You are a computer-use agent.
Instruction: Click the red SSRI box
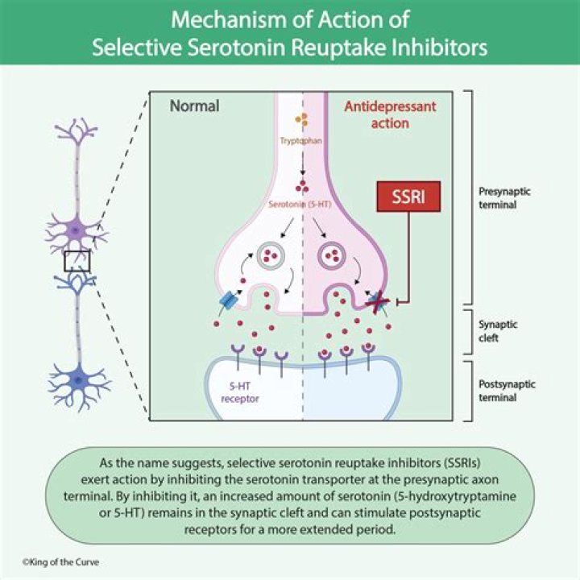[x=409, y=197]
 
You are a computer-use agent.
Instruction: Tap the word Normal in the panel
[x=194, y=106]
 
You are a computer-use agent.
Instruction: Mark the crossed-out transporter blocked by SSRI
[x=377, y=300]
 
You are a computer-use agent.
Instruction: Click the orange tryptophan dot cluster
[x=302, y=121]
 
